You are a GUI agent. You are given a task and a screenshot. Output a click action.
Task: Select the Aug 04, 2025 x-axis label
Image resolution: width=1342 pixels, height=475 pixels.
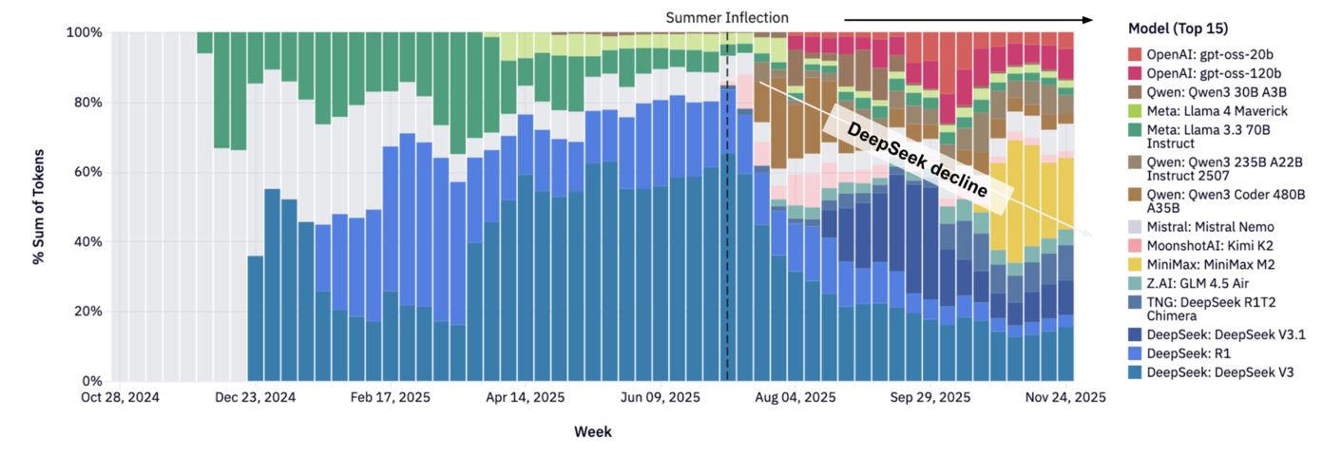[x=796, y=398]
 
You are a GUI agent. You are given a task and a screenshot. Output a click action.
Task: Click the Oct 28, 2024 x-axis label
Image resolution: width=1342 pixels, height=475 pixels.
[x=120, y=398]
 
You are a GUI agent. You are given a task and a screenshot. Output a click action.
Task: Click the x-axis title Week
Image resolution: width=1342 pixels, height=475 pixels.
[x=592, y=432]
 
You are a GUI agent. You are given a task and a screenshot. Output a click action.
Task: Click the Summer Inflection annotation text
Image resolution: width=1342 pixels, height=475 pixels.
[x=726, y=17]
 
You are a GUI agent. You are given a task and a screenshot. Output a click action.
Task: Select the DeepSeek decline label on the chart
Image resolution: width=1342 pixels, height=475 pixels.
[x=916, y=159]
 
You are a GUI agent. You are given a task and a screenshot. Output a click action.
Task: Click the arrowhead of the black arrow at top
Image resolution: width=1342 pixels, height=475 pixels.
[x=1086, y=18]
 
